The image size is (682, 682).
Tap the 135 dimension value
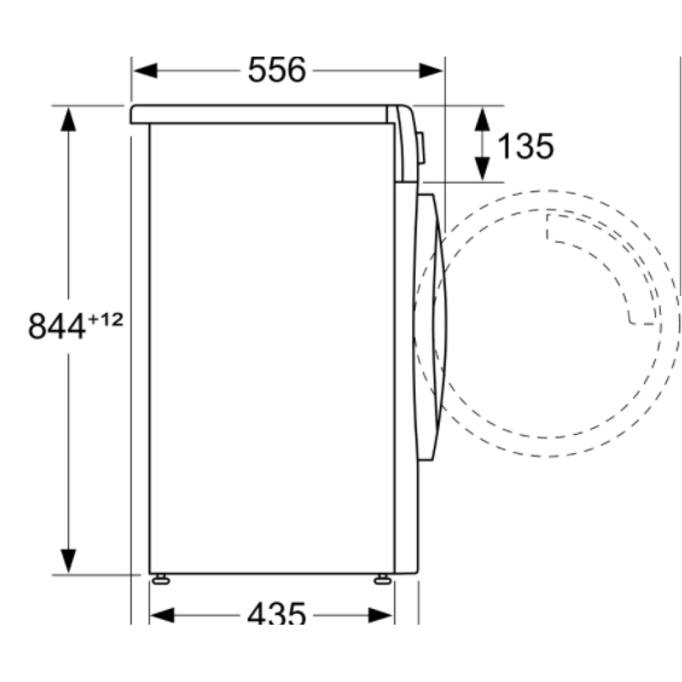525,145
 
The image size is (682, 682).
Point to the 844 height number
57,325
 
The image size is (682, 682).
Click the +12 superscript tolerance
106,318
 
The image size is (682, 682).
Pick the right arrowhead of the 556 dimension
432,70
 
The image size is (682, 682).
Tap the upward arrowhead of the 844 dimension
68,119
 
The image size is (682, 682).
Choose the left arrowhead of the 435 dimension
162,615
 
